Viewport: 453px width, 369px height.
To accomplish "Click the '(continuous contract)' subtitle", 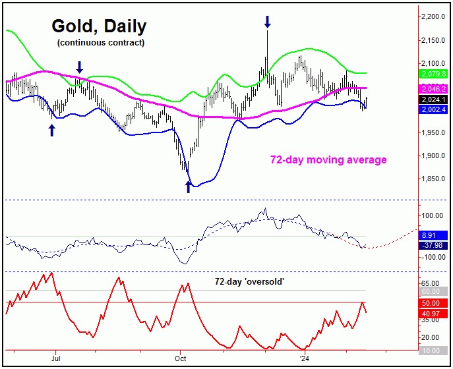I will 100,43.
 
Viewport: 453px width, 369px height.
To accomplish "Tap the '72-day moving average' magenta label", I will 328,159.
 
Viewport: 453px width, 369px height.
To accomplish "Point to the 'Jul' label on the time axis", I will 55,358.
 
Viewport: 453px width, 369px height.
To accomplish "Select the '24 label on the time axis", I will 303,358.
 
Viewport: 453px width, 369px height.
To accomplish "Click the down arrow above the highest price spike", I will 267,22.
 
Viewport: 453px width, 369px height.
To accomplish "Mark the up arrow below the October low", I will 189,188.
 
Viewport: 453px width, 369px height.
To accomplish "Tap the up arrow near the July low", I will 51,130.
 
